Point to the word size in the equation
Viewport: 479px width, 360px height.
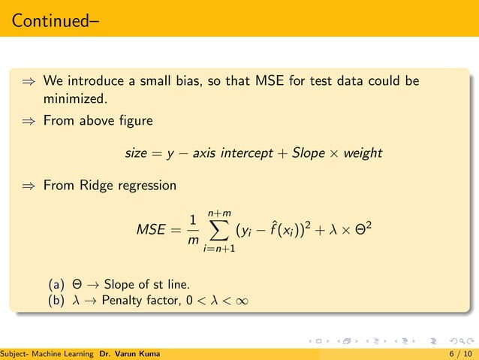136,153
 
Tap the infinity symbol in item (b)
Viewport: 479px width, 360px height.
239,302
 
